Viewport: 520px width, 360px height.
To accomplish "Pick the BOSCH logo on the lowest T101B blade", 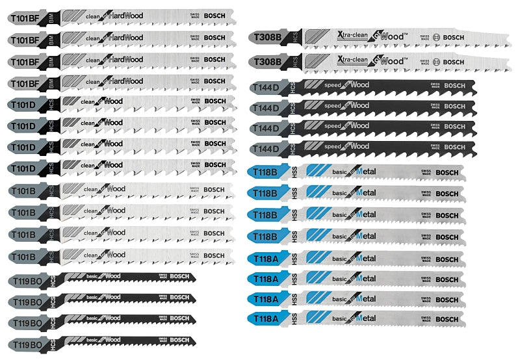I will (x=214, y=255).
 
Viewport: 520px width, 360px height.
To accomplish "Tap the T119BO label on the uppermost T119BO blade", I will (x=27, y=281).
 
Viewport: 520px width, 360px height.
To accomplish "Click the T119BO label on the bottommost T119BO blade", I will (x=27, y=342).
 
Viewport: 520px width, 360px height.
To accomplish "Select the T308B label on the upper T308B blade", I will (x=268, y=38).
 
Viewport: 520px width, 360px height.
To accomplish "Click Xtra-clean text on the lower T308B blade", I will (x=351, y=60).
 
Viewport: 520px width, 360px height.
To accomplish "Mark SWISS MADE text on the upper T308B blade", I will (x=426, y=38).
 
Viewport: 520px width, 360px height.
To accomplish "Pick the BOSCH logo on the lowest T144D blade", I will (x=454, y=147).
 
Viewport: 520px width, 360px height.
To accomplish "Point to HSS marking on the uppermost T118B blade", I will (x=294, y=172).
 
